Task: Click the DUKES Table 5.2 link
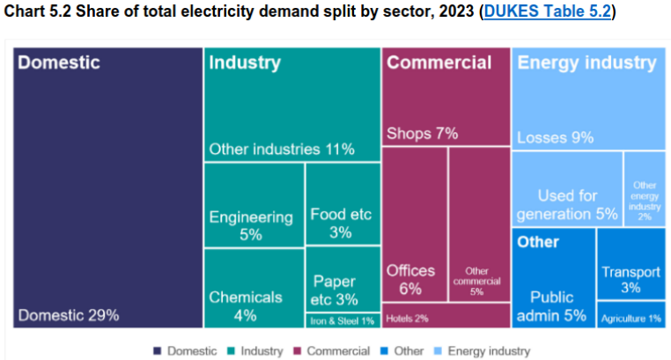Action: (549, 12)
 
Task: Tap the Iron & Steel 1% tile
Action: (343, 320)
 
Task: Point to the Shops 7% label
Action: (423, 134)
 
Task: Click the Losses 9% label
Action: (556, 137)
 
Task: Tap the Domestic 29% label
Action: (69, 314)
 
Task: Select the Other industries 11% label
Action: (282, 149)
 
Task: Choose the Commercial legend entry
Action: (335, 350)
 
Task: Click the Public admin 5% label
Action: (550, 306)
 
